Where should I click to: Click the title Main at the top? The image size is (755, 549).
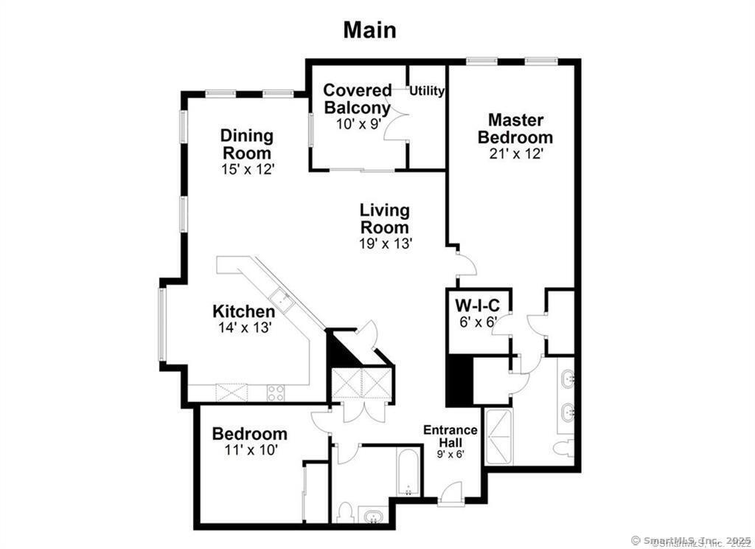tap(369, 30)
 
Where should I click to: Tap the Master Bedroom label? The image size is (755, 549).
tap(515, 128)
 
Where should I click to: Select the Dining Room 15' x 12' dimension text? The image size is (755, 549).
tap(246, 168)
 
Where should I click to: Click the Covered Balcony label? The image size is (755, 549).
tap(358, 99)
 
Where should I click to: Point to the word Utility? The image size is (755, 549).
tap(427, 91)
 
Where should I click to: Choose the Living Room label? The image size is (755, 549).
tap(384, 219)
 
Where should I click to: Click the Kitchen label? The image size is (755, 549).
tap(243, 311)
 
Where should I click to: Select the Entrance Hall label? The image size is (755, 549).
tap(450, 436)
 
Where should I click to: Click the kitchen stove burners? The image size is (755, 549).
tap(276, 393)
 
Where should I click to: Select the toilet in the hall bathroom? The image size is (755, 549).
tap(344, 511)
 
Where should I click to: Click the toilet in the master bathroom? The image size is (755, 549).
tap(563, 446)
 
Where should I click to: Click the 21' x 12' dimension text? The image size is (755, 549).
tap(515, 153)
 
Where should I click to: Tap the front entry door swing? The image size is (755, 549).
tap(451, 492)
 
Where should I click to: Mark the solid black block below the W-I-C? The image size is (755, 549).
tap(459, 380)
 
